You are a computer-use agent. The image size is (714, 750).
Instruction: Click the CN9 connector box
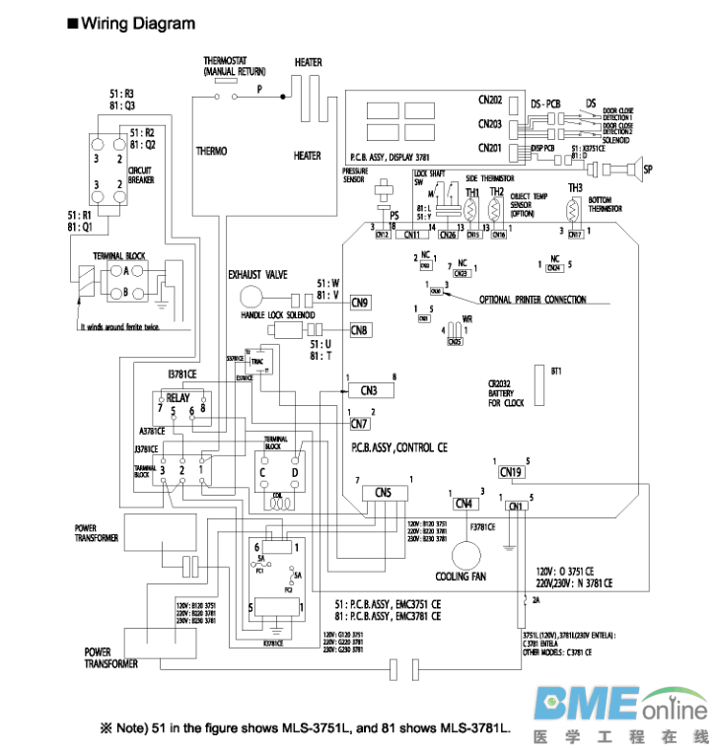tap(360, 303)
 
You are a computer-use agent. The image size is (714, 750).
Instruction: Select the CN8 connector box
tap(360, 330)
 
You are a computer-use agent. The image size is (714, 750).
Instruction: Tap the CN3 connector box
tap(369, 390)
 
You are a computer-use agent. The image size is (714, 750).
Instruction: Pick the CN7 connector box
tap(360, 424)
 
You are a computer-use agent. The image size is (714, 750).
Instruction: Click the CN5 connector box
tap(384, 492)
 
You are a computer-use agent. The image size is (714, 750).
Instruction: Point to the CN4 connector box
tap(464, 504)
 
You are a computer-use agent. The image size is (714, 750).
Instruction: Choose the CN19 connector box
tap(511, 472)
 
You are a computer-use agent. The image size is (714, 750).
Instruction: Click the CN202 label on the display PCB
tap(490, 101)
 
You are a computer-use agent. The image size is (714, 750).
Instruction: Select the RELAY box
tap(179, 400)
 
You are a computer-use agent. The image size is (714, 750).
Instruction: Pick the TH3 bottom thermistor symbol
tap(570, 210)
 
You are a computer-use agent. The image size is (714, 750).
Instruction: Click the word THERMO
tap(211, 151)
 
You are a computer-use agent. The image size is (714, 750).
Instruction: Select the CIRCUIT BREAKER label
tap(141, 174)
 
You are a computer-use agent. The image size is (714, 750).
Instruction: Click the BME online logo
tap(621, 710)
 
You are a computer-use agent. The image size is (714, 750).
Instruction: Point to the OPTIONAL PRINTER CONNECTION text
tap(533, 300)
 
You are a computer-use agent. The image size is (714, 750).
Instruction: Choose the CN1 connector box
tap(514, 507)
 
